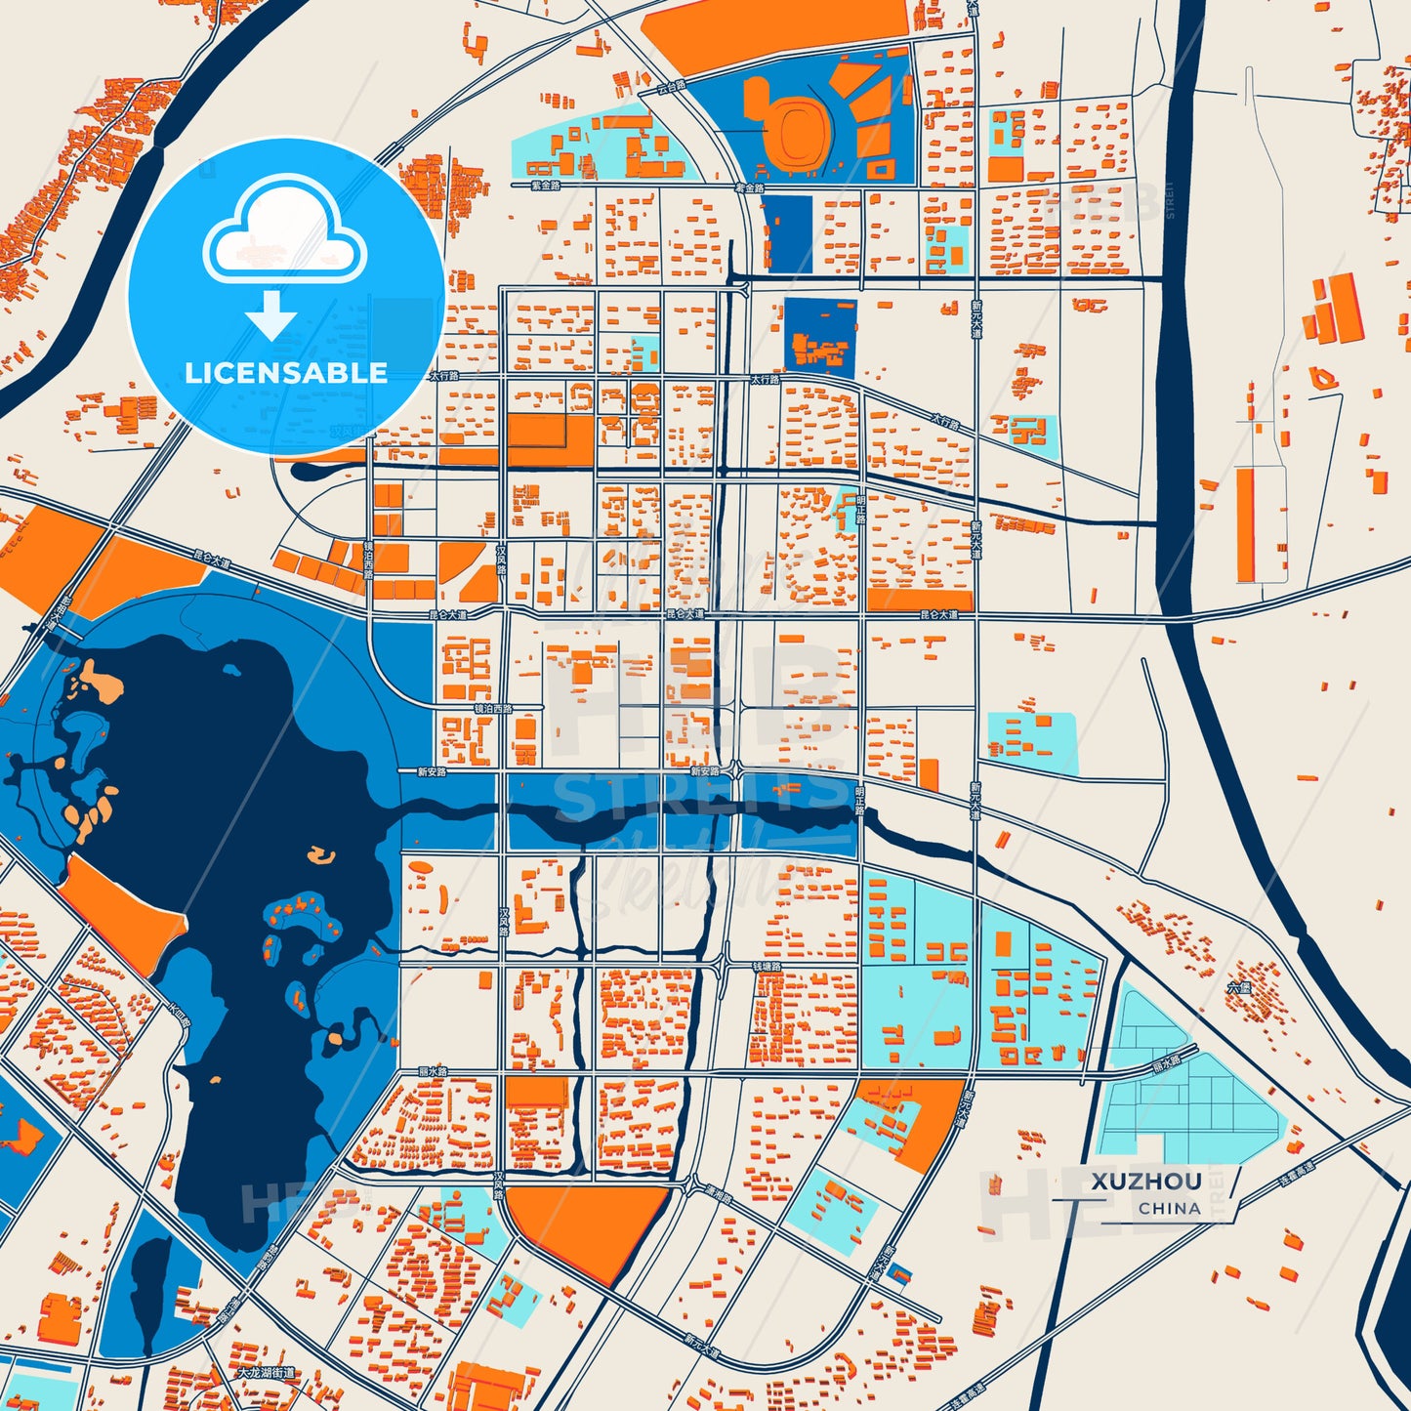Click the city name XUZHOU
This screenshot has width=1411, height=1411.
point(1146,1181)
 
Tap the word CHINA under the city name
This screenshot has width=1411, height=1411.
point(1169,1208)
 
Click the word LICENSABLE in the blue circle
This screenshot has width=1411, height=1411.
point(286,373)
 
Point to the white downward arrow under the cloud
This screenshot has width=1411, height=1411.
point(271,315)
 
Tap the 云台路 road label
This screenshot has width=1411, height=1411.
point(672,87)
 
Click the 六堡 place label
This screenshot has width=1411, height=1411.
point(1238,987)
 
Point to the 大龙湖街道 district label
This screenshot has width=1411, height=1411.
point(267,1372)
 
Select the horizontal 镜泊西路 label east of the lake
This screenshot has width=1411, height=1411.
point(493,709)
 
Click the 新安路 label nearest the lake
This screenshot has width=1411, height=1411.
point(432,771)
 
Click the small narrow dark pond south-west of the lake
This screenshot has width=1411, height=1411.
point(149,1289)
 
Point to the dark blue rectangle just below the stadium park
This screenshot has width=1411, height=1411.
point(786,234)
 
